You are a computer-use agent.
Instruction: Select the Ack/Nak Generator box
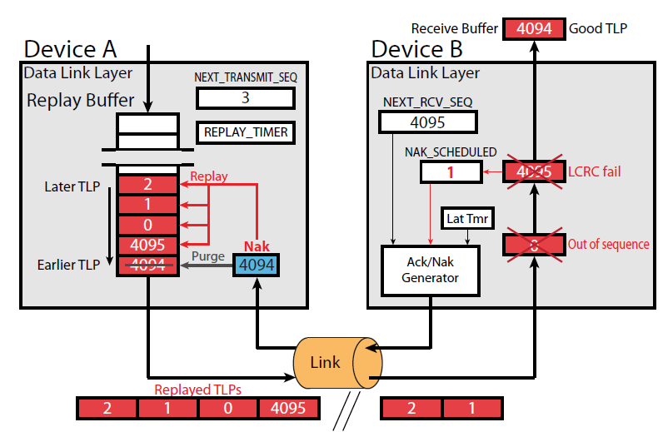coord(431,270)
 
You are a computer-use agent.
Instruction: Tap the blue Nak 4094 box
coord(257,266)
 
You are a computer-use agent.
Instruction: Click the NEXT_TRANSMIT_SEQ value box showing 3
coord(246,98)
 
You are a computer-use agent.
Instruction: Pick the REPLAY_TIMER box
coord(246,132)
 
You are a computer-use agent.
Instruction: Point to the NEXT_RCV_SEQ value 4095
coord(427,122)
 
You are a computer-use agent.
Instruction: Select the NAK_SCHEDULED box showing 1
coord(451,172)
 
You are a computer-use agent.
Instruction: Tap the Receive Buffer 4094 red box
coord(534,28)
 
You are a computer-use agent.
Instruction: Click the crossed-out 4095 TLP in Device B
coord(534,172)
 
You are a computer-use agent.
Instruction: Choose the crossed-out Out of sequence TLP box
coord(534,245)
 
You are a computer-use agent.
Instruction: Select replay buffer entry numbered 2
coord(147,184)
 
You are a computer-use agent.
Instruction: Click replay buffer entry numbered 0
coord(147,225)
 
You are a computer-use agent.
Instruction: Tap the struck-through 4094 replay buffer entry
coord(147,266)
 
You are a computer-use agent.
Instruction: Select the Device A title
coord(72,48)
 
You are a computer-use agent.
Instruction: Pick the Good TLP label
coord(598,28)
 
